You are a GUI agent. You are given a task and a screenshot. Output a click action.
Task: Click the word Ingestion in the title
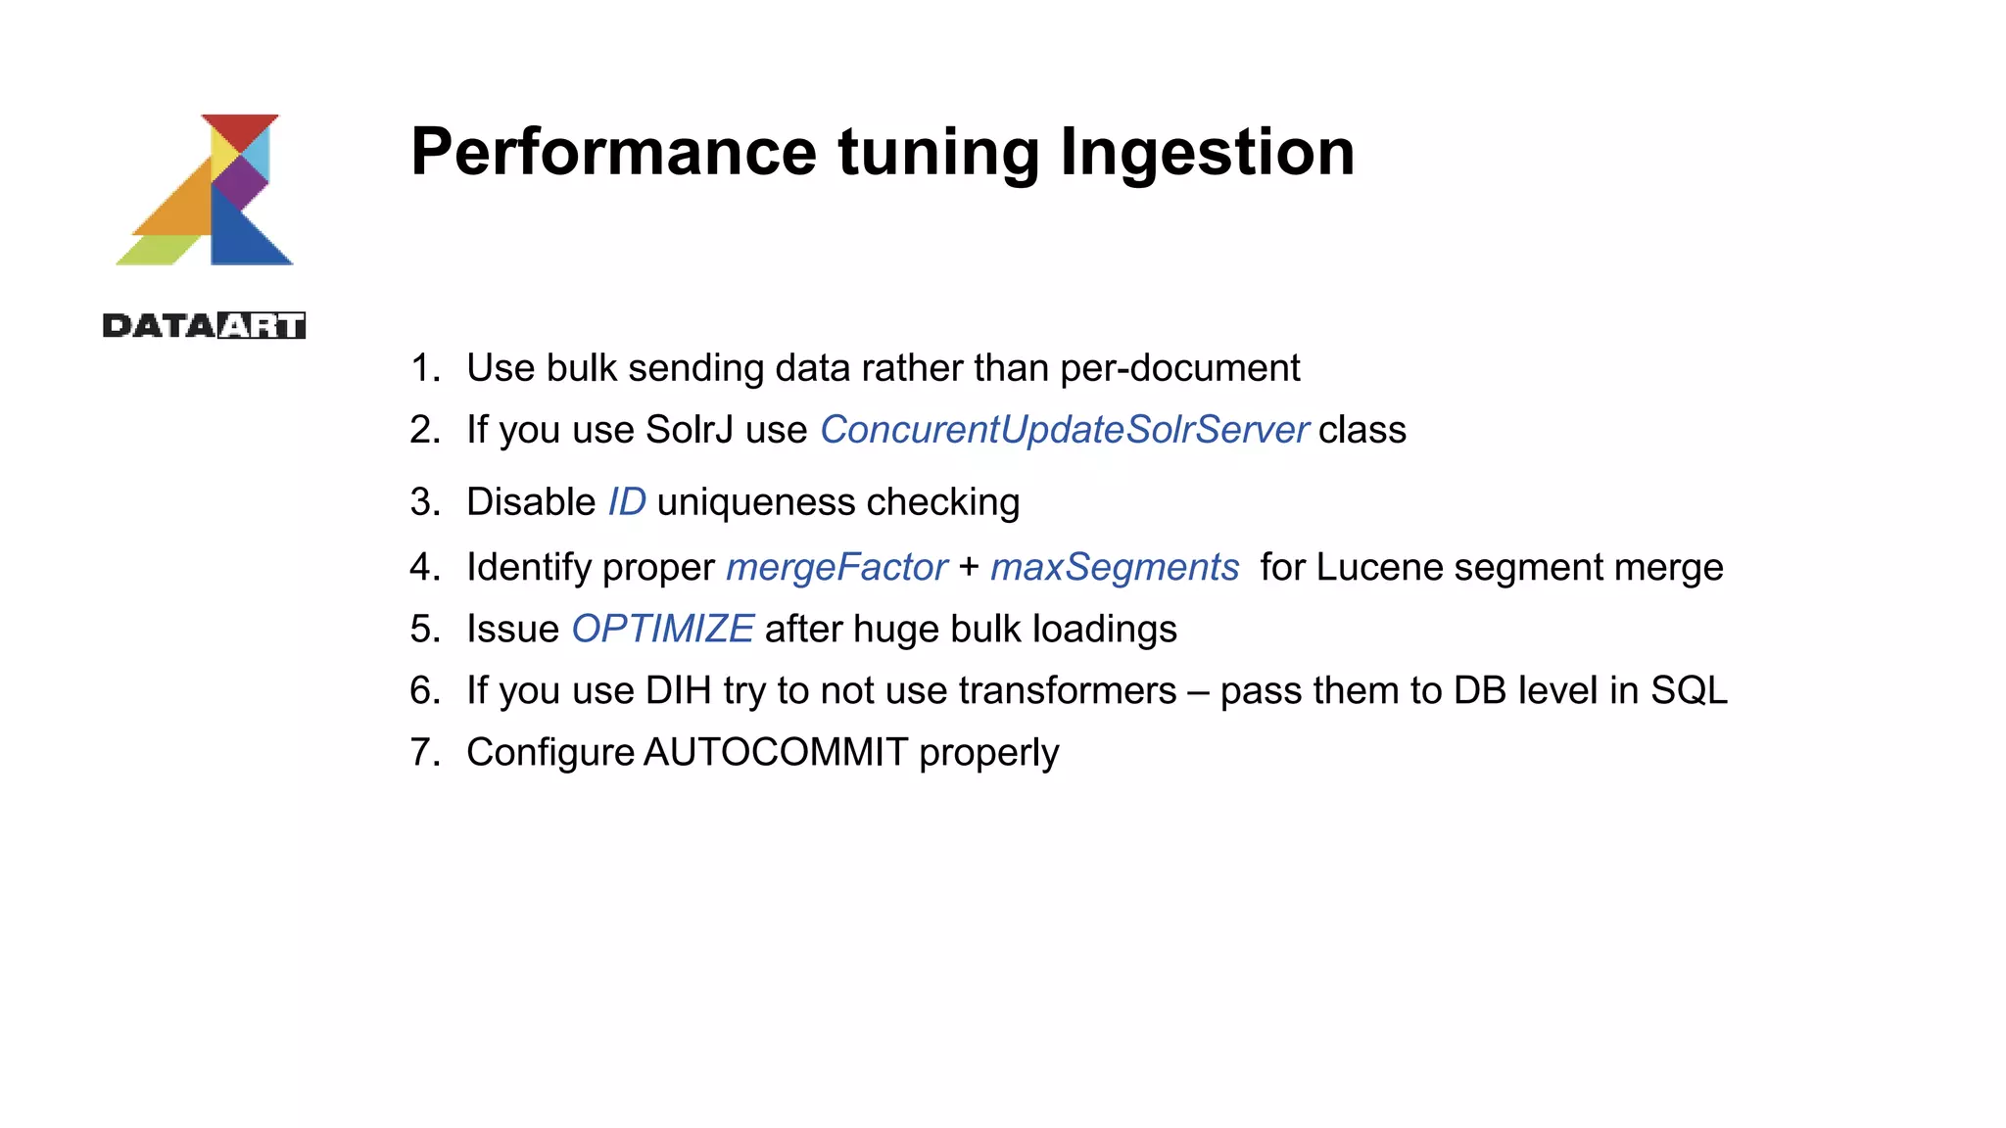[x=1207, y=153]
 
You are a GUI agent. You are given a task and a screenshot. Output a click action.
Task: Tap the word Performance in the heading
[x=613, y=153]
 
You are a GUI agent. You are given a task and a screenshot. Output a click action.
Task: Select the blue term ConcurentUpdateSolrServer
[x=1064, y=430]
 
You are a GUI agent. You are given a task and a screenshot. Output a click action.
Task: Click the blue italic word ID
[x=626, y=502]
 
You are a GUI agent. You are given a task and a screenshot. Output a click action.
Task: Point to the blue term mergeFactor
[x=836, y=567]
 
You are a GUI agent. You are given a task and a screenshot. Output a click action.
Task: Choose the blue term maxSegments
[x=1114, y=567]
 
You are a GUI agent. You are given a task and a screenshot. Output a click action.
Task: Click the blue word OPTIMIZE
[x=662, y=629]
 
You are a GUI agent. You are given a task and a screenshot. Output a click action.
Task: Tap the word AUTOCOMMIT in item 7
[x=776, y=752]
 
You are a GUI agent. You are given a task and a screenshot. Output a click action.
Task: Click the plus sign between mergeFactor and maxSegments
[x=969, y=567]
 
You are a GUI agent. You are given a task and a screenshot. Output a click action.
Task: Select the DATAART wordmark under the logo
[x=204, y=326]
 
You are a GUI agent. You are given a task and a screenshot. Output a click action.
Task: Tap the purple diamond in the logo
[x=240, y=181]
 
